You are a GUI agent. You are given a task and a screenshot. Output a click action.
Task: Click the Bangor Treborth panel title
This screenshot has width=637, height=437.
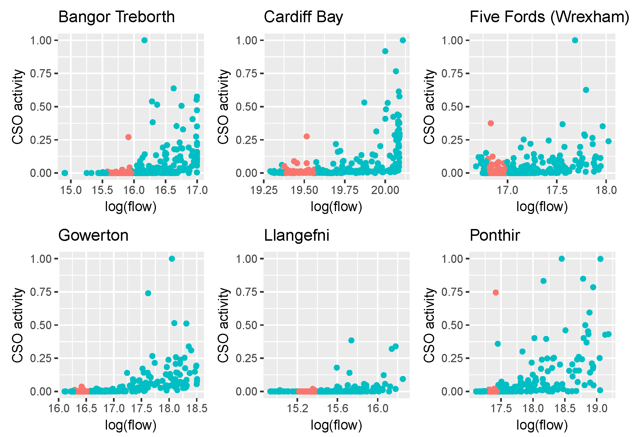coord(116,17)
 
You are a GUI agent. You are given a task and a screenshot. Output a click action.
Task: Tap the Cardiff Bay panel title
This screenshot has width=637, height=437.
coord(303,17)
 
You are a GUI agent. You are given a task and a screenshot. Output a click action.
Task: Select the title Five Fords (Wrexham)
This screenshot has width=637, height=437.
coord(549,17)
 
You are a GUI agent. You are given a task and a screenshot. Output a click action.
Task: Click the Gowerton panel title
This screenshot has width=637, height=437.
coord(93,235)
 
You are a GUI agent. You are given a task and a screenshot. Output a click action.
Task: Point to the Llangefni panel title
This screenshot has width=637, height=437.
coord(296,235)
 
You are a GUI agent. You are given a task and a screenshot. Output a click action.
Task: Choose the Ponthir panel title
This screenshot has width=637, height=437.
coord(495,235)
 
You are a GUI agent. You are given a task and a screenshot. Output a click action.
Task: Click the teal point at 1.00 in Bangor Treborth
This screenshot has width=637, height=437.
coord(145,40)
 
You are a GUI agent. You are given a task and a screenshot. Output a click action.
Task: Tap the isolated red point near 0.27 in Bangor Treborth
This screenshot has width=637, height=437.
coord(128,137)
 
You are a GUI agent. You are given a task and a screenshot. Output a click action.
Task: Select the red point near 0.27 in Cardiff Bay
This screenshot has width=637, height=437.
coord(306,137)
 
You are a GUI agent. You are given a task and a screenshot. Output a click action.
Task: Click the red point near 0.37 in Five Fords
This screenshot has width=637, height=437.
coord(490,123)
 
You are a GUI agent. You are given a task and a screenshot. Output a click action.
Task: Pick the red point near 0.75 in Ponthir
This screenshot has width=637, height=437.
coord(496,292)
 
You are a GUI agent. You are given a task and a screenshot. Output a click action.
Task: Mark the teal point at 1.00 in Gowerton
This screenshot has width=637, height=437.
coord(172,259)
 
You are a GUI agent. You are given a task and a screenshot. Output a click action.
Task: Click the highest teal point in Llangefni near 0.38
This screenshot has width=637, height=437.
coord(351,340)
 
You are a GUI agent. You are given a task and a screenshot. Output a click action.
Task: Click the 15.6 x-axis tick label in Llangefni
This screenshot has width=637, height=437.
coord(337,409)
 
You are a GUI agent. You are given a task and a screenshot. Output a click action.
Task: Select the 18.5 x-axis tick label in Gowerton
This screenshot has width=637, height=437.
coord(197,409)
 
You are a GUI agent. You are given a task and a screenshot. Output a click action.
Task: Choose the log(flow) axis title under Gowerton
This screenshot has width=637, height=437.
coord(131,425)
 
